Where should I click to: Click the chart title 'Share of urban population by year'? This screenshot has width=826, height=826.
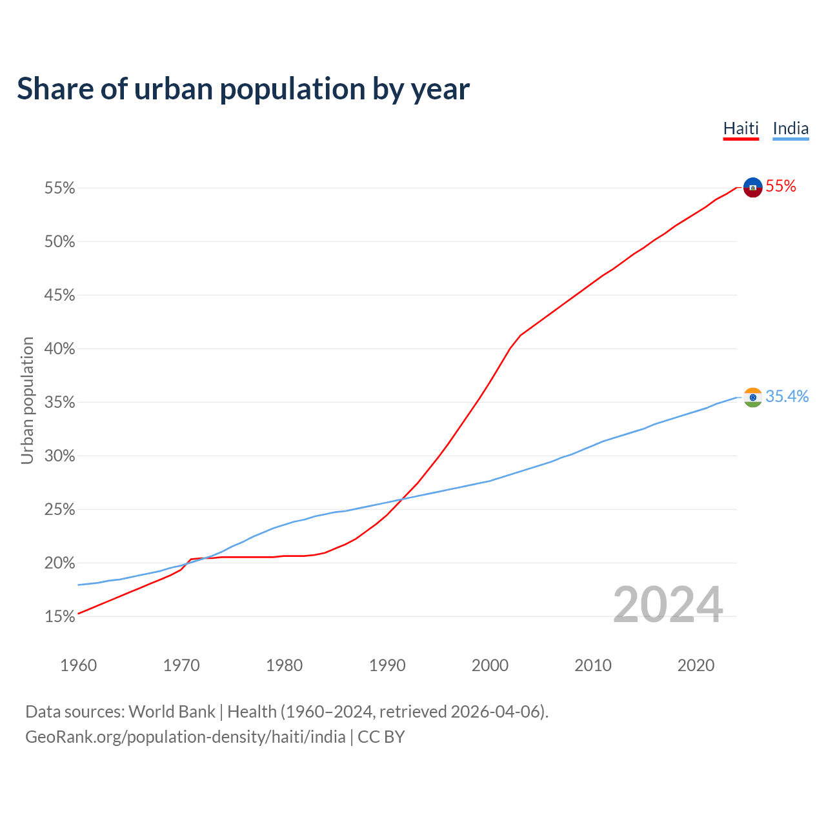[x=243, y=89]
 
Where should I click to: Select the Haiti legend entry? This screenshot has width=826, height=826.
[x=740, y=128]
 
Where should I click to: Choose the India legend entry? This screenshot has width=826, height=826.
[x=791, y=128]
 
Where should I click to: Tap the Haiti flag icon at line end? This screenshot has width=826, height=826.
[x=753, y=187]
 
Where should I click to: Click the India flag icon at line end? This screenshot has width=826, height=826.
[x=753, y=398]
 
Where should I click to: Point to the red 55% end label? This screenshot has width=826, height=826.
[x=781, y=186]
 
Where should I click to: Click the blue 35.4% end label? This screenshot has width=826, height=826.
[x=787, y=396]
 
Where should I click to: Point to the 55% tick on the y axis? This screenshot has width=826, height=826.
[x=60, y=188]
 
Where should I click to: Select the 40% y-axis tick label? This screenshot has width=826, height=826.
[x=60, y=349]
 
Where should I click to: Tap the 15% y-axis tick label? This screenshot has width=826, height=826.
[x=60, y=617]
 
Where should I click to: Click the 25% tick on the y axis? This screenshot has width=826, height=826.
[x=60, y=510]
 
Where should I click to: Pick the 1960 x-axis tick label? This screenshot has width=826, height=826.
[x=79, y=665]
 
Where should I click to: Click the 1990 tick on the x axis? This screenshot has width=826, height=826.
[x=387, y=665]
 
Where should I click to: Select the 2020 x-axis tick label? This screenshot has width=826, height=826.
[x=696, y=665]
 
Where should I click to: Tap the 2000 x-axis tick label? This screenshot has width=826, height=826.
[x=490, y=665]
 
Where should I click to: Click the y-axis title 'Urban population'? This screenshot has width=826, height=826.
[x=27, y=400]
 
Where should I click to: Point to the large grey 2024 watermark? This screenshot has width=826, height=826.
[x=668, y=605]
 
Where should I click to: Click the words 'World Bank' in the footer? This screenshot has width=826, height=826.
[x=172, y=712]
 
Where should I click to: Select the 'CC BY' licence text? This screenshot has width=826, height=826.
[x=381, y=737]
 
